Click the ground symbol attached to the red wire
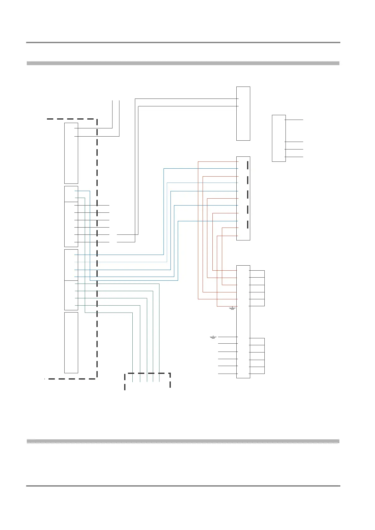[x=232, y=308]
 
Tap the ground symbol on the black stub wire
[x=213, y=337]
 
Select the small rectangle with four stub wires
[x=279, y=138]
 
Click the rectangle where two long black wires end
[x=243, y=113]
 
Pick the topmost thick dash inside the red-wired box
[x=248, y=165]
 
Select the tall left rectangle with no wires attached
[x=71, y=342]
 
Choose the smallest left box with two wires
[x=71, y=194]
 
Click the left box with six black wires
[x=71, y=224]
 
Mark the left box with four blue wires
[x=71, y=265]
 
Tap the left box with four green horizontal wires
[x=71, y=295]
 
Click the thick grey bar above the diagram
[x=183, y=63]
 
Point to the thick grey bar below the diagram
[x=183, y=441]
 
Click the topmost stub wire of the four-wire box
[x=294, y=120]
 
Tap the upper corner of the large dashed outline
[x=96, y=119]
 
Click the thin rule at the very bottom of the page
[x=183, y=486]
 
